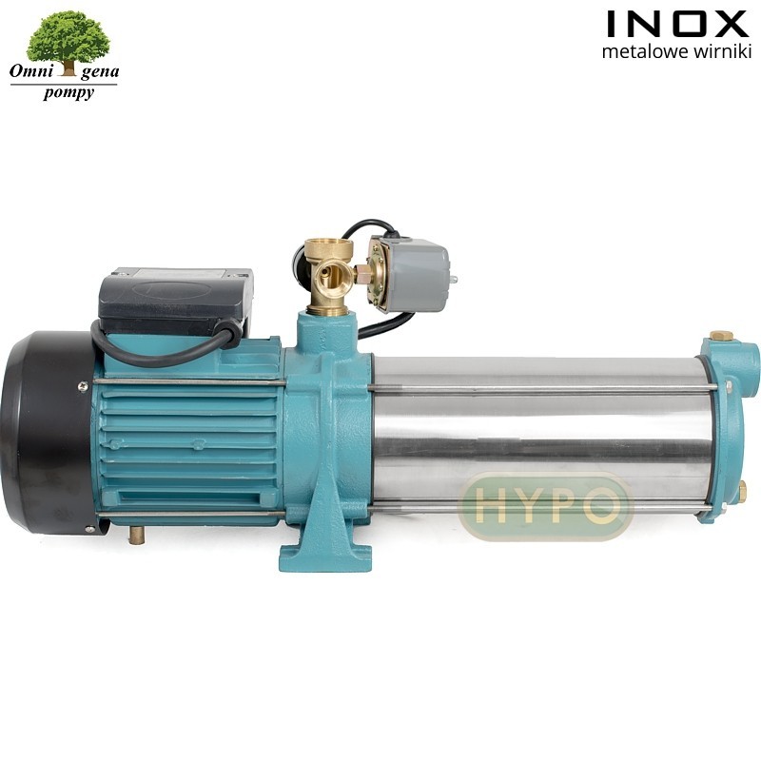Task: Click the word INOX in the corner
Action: tap(676, 24)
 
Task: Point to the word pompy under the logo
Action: tap(68, 92)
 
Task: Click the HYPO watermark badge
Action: tap(545, 506)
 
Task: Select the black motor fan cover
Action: tap(46, 432)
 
